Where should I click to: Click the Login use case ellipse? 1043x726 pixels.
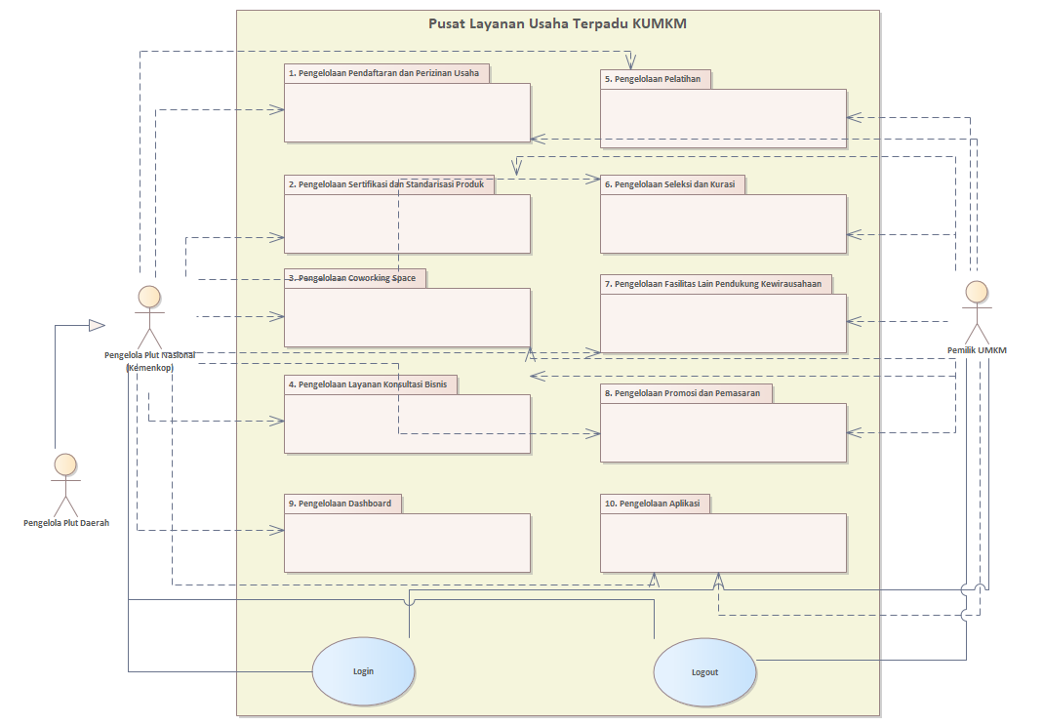click(x=363, y=671)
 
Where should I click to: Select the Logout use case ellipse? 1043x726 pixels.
click(x=704, y=672)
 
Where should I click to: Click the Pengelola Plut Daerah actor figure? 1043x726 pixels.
click(x=65, y=484)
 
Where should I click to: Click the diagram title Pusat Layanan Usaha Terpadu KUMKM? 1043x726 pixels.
click(x=557, y=24)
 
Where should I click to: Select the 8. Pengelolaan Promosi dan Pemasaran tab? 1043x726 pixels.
click(x=686, y=393)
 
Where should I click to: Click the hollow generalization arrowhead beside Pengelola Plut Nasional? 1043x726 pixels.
click(x=96, y=324)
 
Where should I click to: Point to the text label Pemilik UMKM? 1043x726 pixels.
click(x=977, y=350)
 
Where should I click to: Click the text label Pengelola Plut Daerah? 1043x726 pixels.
click(x=66, y=523)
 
